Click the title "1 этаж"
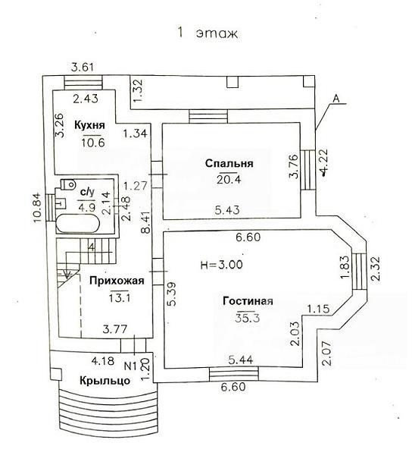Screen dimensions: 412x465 pos(208,33)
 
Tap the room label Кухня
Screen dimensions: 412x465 pos(89,125)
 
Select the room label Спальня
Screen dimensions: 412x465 pos(229,163)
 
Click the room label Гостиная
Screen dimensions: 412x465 pos(248,301)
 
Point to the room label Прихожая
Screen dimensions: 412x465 pos(117,281)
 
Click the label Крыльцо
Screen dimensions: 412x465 pos(105,381)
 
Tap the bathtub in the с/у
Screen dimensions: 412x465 pos(78,224)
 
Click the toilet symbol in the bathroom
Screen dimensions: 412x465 pos(67,184)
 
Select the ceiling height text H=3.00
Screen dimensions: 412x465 pos(221,264)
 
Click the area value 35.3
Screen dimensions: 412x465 pos(248,318)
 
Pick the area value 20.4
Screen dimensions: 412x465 pos(229,180)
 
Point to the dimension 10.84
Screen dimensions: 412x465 pos(37,208)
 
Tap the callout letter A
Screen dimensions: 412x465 pos(336,99)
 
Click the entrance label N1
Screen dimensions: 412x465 pos(130,366)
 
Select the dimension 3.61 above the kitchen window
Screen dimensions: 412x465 pos(83,68)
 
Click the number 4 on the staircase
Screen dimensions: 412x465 pos(92,247)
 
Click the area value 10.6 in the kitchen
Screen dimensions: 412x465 pos(94,143)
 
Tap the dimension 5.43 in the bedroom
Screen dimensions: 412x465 pos(227,210)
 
